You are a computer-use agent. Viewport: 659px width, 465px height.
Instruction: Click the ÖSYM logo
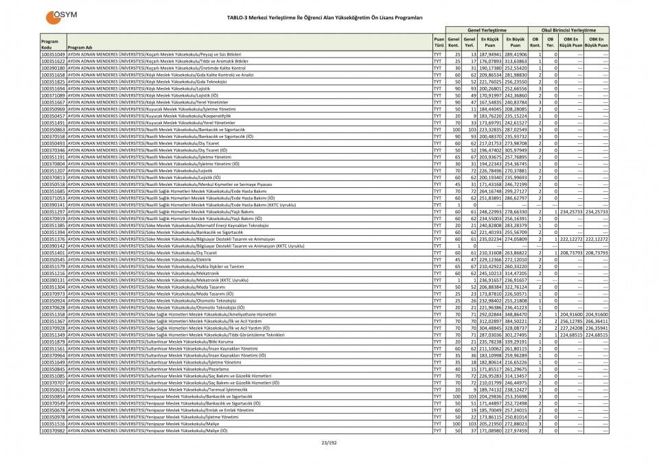[x=60, y=16]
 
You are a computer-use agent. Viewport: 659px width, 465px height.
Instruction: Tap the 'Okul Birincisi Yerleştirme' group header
[x=568, y=30]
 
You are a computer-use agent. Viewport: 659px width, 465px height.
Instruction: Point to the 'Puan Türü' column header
[x=438, y=42]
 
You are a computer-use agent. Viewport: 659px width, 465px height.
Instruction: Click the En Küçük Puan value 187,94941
[x=491, y=53]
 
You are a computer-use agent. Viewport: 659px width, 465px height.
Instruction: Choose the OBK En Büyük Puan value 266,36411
[x=596, y=321]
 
